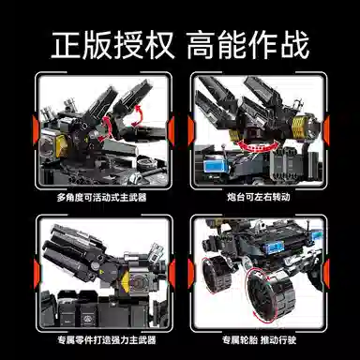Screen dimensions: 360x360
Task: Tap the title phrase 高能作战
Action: [250, 43]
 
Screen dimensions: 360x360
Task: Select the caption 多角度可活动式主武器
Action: [101, 198]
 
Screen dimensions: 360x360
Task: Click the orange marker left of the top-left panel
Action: [31, 132]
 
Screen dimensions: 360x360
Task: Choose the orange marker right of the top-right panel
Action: [331, 132]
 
